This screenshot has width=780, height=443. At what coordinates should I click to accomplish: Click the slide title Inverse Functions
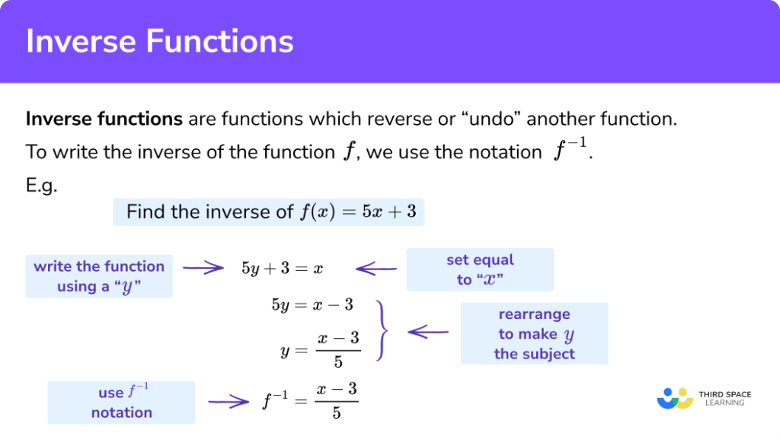pyautogui.click(x=159, y=41)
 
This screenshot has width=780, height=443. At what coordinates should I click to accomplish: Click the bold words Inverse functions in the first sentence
pyautogui.click(x=104, y=120)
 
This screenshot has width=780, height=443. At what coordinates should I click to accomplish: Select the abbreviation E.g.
pyautogui.click(x=42, y=186)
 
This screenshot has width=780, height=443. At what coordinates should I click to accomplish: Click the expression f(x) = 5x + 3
pyautogui.click(x=357, y=212)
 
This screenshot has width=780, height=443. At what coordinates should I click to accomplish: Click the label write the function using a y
pyautogui.click(x=99, y=276)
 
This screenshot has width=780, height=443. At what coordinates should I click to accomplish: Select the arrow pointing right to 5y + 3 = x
pyautogui.click(x=203, y=268)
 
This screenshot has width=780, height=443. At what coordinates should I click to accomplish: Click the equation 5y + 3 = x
pyautogui.click(x=282, y=269)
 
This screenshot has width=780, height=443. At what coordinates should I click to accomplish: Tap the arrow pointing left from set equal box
pyautogui.click(x=376, y=268)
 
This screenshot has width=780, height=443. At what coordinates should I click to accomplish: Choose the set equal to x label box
pyautogui.click(x=479, y=269)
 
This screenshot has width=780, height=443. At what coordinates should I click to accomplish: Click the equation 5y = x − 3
pyautogui.click(x=312, y=305)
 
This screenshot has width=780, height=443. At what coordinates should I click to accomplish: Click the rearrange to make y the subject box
pyautogui.click(x=534, y=333)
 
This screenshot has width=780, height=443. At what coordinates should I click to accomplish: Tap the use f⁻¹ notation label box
pyautogui.click(x=121, y=403)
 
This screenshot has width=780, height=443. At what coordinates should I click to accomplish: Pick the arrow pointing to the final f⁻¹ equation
pyautogui.click(x=229, y=402)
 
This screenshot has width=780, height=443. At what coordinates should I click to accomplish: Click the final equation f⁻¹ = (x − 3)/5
pyautogui.click(x=309, y=400)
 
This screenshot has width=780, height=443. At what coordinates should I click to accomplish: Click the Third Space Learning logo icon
pyautogui.click(x=674, y=398)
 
